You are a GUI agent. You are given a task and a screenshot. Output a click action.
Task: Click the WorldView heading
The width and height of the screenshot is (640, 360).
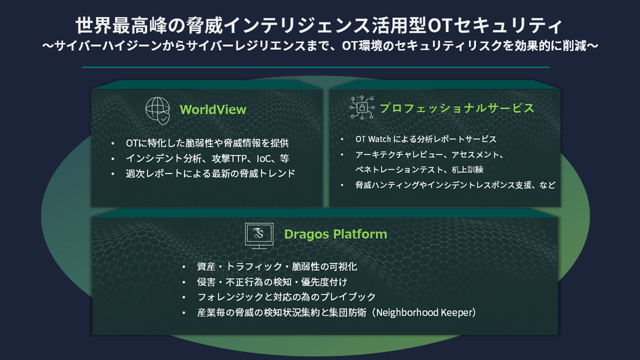pos(212,110)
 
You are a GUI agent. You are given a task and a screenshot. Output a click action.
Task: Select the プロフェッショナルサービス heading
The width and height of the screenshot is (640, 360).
pos(457,108)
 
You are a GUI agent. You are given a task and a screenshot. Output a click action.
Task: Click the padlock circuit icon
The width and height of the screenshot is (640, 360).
pos(362,108)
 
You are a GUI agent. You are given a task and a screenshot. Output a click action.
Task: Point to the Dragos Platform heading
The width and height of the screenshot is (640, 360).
pos(336,234)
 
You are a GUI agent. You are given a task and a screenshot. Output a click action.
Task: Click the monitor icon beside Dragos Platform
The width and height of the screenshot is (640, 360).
pos(259,235)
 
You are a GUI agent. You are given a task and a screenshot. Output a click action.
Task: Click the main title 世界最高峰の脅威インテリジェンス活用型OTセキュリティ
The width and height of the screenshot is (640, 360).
pos(319,25)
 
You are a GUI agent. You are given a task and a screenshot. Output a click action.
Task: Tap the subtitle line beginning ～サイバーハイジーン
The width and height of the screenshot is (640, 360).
pos(320,46)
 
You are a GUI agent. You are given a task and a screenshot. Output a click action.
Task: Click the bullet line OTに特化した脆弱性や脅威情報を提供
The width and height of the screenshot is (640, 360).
pos(208,143)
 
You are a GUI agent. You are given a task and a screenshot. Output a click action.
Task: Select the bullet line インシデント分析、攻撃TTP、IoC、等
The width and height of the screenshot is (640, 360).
pos(208,159)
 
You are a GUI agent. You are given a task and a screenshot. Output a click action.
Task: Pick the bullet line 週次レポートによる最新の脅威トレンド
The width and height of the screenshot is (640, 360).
pos(210,174)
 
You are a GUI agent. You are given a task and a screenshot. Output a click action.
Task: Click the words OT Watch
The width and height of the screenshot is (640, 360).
pos(373,140)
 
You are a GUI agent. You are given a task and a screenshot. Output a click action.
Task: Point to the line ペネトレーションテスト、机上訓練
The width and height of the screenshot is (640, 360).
pos(419,169)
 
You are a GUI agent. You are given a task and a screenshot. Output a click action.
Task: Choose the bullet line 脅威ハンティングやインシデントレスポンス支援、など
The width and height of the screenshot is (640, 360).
pos(455,185)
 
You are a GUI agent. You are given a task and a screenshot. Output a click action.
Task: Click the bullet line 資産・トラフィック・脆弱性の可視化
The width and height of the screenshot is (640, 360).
pos(276,267)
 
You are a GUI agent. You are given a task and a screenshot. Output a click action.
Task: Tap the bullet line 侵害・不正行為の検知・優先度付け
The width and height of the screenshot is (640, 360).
pos(272,282)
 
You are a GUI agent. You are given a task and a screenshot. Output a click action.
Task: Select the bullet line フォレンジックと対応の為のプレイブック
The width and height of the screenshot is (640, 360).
pos(286,297)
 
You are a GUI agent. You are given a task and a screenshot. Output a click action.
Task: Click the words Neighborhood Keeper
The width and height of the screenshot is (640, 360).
pos(423,312)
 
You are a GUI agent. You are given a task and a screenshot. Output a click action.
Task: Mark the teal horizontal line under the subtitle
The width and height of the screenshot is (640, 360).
pos(315,67)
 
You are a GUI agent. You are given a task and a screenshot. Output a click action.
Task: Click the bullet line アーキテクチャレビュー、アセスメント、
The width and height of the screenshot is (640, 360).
pos(430,154)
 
